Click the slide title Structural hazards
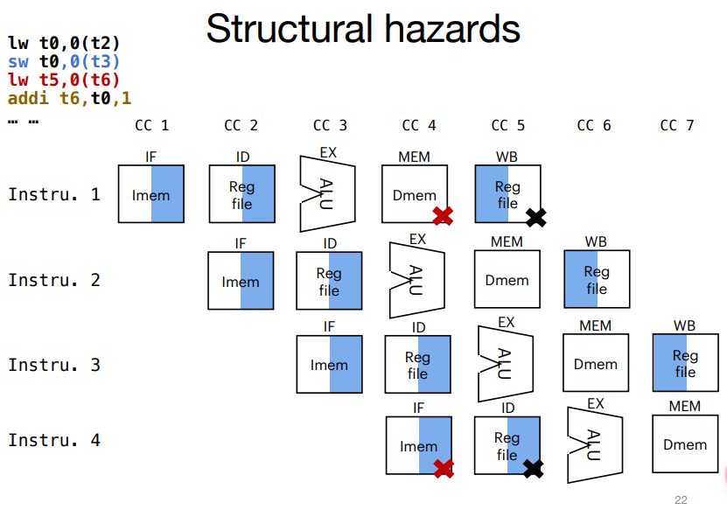tap(362, 28)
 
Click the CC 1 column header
tap(151, 125)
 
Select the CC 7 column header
tap(677, 125)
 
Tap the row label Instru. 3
tap(54, 365)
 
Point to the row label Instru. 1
tap(54, 194)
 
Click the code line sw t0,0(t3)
tap(64, 61)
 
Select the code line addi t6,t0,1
tap(69, 98)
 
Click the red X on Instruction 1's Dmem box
tap(443, 215)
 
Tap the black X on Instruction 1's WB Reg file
tap(535, 217)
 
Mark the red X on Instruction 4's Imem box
tap(444, 468)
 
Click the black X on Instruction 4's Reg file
tap(533, 469)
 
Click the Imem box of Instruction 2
tap(241, 281)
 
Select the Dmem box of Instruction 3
tap(596, 364)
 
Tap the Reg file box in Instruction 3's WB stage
tap(685, 364)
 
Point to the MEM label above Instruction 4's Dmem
tap(684, 406)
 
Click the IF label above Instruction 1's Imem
tap(151, 157)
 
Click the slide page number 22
tap(681, 500)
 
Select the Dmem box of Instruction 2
tap(507, 280)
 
